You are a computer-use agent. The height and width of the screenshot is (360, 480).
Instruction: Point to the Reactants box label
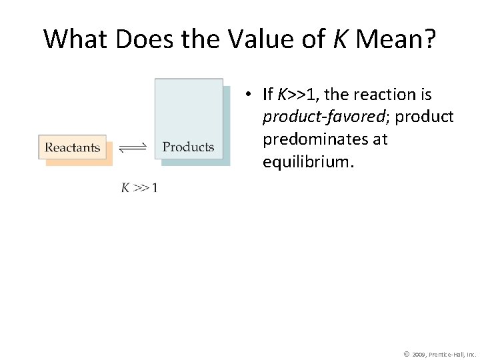coord(73,147)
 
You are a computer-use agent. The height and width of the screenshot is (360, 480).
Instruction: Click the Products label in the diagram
coord(189,147)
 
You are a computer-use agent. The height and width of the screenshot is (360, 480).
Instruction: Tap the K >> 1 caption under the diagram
coord(139,188)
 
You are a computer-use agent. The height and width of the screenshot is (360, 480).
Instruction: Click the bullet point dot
coord(247,95)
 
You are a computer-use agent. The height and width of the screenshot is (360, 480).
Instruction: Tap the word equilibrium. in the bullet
coord(307,163)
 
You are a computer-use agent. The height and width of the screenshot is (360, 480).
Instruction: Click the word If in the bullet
coord(268,95)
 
